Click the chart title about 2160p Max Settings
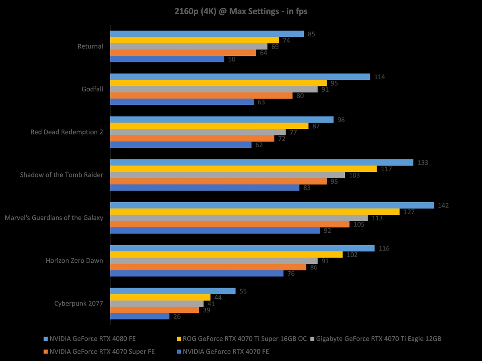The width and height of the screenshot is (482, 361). point(241,12)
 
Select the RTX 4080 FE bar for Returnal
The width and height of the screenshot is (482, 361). point(207,34)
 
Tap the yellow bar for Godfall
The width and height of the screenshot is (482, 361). point(218,83)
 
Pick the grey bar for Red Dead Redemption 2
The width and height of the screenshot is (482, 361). point(198,132)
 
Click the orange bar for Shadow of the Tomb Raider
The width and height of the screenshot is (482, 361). point(218,181)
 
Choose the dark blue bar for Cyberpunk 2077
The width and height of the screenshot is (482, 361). point(140,316)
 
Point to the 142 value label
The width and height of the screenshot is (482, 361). point(443,206)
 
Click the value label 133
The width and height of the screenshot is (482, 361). point(423,163)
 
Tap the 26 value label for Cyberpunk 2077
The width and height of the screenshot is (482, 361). point(177,316)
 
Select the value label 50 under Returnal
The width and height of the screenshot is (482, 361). point(231,59)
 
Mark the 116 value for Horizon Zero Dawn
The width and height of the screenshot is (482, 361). point(384,248)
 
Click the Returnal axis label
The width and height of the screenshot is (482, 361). point(90,46)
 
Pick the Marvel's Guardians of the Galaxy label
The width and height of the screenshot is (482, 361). point(54,218)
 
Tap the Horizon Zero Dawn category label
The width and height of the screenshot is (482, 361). point(74,261)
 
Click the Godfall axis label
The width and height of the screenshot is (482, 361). point(92,89)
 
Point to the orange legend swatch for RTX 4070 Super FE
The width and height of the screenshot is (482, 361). point(46,352)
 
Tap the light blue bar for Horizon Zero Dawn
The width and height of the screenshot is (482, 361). point(242,248)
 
